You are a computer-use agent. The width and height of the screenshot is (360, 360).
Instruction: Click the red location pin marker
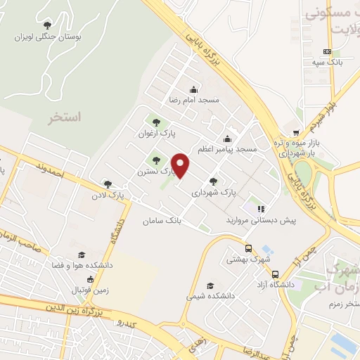point(181,165)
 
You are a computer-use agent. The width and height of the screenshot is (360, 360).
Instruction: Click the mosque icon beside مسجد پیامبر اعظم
point(226,139)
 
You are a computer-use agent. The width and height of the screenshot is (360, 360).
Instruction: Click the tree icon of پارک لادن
point(108,183)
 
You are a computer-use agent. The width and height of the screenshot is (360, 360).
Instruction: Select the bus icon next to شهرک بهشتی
point(248,248)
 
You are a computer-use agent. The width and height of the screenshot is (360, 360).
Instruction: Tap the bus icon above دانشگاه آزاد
point(275,274)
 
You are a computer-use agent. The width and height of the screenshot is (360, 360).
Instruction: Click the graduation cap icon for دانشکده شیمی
point(210,285)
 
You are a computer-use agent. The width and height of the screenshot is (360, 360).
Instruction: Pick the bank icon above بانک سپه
point(327,51)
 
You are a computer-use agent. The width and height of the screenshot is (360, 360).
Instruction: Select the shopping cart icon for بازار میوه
point(297,131)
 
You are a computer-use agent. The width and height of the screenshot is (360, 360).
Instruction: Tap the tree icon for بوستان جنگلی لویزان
point(47,25)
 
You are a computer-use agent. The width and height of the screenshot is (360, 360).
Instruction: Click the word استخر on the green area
point(64,117)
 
